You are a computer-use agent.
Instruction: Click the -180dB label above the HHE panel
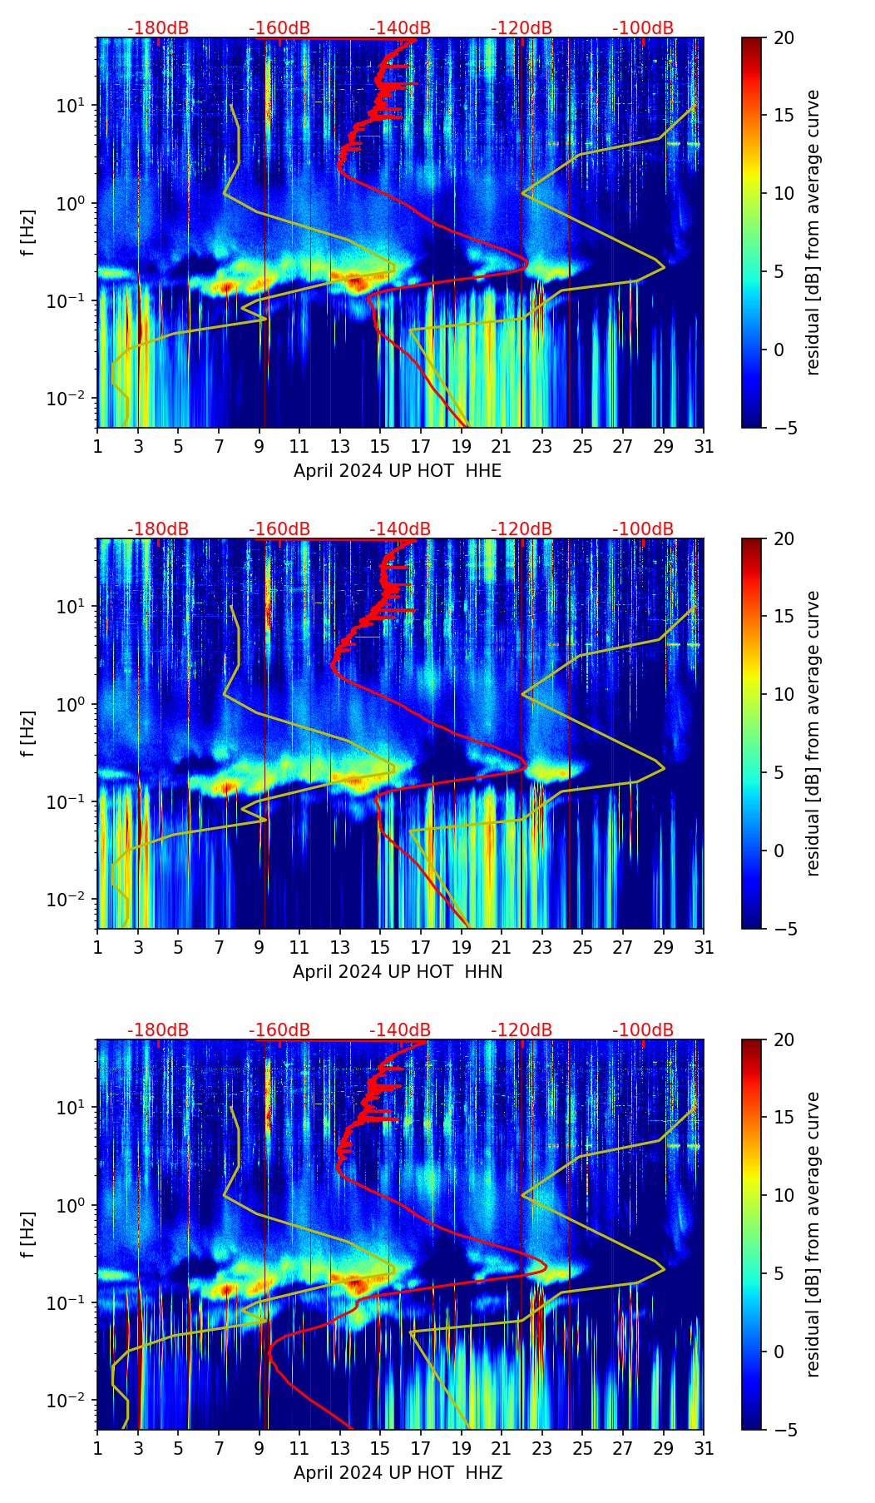[158, 28]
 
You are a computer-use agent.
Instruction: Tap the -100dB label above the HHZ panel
[643, 1030]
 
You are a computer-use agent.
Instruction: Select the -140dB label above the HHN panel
[400, 529]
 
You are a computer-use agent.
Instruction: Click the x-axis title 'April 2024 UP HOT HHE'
[398, 471]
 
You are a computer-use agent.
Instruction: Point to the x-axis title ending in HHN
[398, 972]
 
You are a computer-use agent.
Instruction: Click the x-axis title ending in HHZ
[398, 1473]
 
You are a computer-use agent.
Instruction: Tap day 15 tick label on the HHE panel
[380, 447]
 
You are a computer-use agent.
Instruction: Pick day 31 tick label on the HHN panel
[704, 948]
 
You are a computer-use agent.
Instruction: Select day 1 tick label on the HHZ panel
[98, 1449]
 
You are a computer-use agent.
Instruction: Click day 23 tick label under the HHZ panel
[541, 1449]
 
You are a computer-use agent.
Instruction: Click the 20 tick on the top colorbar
[784, 37]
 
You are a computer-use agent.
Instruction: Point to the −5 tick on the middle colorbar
[784, 929]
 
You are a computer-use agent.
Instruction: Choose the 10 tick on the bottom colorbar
[784, 1195]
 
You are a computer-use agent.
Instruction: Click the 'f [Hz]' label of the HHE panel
[28, 232]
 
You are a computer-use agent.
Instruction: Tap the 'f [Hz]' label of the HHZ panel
[28, 1234]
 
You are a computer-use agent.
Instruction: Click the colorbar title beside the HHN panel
[813, 733]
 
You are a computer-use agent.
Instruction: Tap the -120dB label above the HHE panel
[522, 28]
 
